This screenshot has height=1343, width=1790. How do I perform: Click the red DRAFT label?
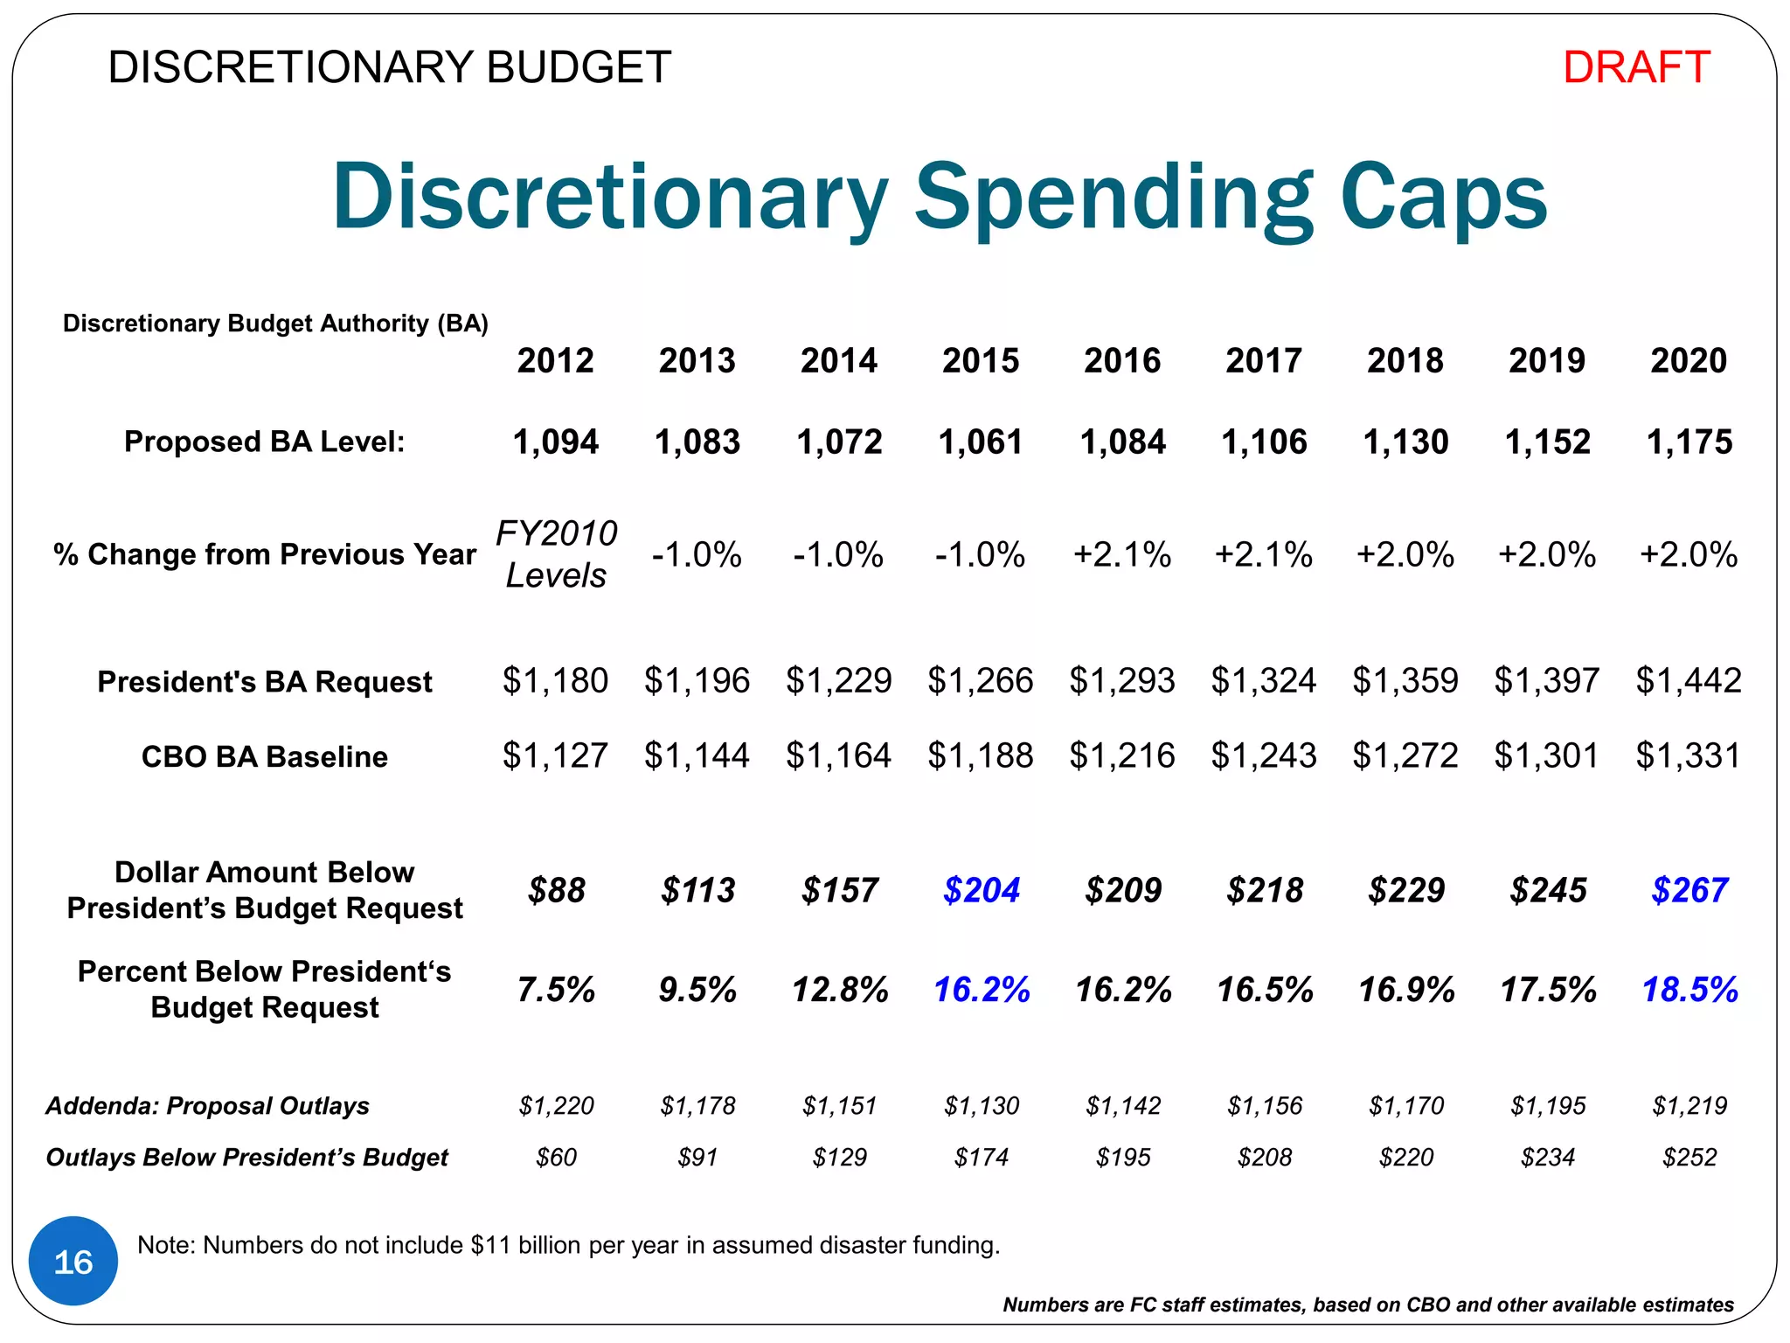[x=1635, y=67]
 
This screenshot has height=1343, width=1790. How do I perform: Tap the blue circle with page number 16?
[x=73, y=1261]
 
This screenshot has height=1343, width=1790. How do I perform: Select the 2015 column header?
[x=981, y=360]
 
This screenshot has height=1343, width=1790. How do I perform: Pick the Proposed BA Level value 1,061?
[x=981, y=442]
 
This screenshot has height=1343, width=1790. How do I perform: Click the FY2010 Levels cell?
[x=556, y=553]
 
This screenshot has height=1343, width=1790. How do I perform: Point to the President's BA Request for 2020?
[x=1689, y=680]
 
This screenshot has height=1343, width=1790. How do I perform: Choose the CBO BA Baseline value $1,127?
[x=555, y=755]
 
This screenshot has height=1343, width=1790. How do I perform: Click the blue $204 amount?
[x=981, y=890]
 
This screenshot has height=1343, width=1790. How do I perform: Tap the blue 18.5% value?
[x=1689, y=990]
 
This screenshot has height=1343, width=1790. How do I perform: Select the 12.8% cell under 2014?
[x=839, y=990]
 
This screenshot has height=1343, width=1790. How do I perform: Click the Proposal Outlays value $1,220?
[x=556, y=1106]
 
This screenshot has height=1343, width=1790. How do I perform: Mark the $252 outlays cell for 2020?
[x=1689, y=1158]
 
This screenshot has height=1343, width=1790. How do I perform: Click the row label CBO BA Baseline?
[x=264, y=756]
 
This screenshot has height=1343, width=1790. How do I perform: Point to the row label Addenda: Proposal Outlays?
[x=207, y=1106]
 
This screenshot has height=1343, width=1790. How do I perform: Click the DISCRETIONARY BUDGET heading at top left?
[x=389, y=67]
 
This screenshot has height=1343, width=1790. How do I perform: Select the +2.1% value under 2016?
[x=1122, y=554]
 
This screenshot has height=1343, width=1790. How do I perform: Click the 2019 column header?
[x=1547, y=360]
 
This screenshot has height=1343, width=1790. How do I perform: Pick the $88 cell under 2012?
[x=556, y=890]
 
